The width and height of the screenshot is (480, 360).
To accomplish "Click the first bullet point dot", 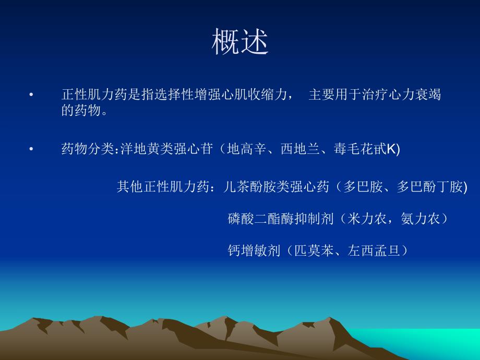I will click(x=31, y=95).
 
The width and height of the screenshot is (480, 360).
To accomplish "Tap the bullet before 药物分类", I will click(x=31, y=150).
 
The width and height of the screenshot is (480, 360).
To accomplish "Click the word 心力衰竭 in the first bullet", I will click(x=415, y=95).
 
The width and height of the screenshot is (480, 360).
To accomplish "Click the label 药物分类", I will click(x=88, y=150).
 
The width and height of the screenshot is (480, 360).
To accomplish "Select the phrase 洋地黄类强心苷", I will click(x=166, y=150).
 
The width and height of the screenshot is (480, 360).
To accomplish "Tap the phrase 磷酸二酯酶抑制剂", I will click(x=281, y=219).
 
